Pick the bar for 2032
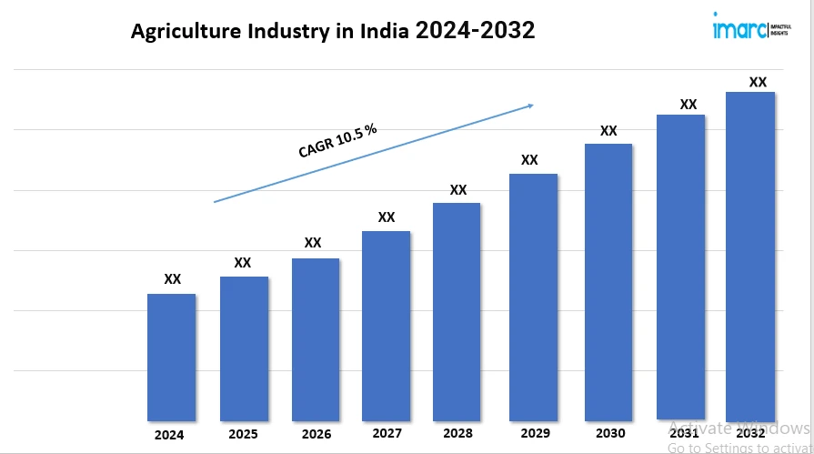(x=750, y=256)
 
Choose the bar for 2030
(x=608, y=282)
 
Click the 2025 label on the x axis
(x=243, y=434)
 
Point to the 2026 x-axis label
(x=316, y=434)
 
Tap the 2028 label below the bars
(x=458, y=434)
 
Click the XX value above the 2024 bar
(x=172, y=279)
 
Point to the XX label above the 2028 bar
(x=458, y=190)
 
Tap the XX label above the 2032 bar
(x=758, y=82)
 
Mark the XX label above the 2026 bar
(x=313, y=243)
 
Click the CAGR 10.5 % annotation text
(x=337, y=141)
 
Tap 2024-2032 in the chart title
(x=475, y=31)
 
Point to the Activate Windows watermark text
(x=739, y=428)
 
